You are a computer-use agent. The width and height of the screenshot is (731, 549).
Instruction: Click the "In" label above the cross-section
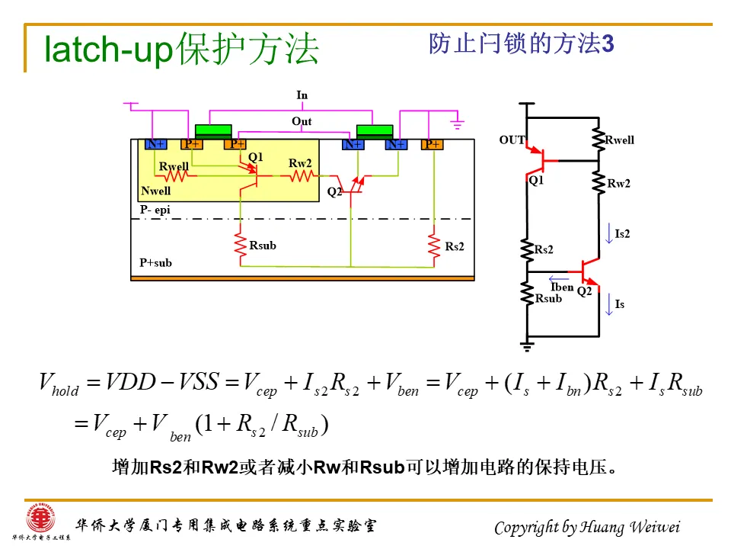[302, 95]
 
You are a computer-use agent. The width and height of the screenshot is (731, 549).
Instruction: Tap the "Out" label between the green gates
[302, 121]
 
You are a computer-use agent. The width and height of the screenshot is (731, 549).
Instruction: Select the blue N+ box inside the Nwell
[155, 144]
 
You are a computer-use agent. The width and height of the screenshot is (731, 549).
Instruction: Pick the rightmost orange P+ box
[433, 144]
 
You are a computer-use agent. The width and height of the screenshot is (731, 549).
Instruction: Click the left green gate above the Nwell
[214, 130]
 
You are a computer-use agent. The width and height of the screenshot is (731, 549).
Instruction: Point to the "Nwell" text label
[156, 191]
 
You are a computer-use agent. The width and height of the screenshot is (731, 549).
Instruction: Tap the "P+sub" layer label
[155, 263]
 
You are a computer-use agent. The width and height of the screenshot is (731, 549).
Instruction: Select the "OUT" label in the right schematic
[512, 140]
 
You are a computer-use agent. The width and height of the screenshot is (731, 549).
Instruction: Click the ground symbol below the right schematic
[526, 347]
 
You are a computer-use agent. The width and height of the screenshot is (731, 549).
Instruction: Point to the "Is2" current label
[622, 234]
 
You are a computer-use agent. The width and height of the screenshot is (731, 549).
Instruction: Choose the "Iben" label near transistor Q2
[562, 287]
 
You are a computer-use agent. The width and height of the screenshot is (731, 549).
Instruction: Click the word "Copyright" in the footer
[526, 528]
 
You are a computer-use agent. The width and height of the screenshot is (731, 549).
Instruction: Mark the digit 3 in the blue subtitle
[608, 44]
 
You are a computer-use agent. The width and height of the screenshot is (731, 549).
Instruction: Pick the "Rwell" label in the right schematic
[620, 140]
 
